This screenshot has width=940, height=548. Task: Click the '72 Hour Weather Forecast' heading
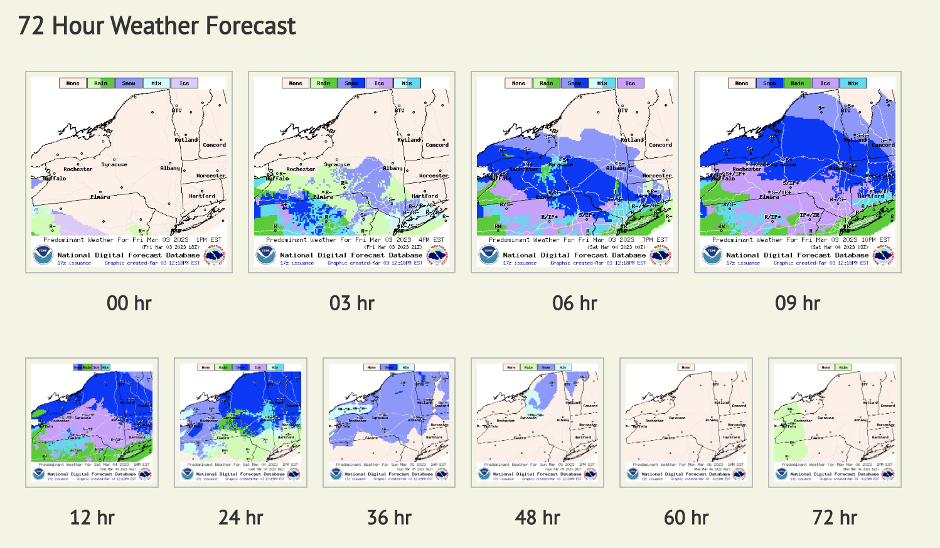click(x=157, y=26)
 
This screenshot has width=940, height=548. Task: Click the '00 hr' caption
click(x=129, y=303)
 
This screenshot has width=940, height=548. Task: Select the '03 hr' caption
click(x=351, y=303)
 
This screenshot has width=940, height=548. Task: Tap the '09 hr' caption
click(x=797, y=303)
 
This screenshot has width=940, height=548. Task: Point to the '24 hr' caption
click(x=240, y=518)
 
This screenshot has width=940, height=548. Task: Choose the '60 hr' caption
click(x=686, y=518)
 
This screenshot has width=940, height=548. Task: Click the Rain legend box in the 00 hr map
click(x=100, y=83)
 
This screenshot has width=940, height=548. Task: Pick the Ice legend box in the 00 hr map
click(x=184, y=83)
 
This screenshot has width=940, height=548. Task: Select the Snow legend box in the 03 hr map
click(x=351, y=83)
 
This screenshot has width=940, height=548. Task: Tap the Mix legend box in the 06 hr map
click(x=602, y=83)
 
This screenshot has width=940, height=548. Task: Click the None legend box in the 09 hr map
click(x=742, y=83)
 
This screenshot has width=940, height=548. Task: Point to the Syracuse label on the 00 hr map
click(x=114, y=165)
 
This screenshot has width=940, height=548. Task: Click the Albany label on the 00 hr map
click(x=169, y=168)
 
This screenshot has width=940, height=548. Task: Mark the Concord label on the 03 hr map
click(x=437, y=145)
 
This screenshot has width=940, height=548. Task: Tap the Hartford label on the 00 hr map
click(x=202, y=196)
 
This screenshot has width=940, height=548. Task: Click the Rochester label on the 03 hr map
click(x=301, y=169)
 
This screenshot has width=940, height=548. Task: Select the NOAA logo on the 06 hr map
click(x=488, y=255)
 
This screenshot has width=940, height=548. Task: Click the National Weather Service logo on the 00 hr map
click(x=215, y=255)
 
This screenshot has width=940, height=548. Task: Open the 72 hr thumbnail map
click(x=835, y=422)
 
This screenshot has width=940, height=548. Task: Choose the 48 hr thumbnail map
click(x=537, y=422)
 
